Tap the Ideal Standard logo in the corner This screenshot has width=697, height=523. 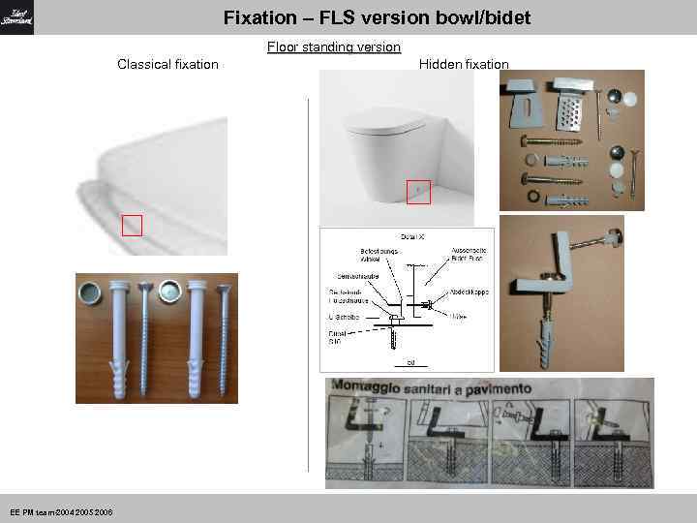[x=17, y=17]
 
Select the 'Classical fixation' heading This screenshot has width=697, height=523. [x=167, y=65]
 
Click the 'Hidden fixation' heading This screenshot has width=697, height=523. [x=464, y=65]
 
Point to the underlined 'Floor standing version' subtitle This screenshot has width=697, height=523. [x=333, y=46]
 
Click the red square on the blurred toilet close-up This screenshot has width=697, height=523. [x=132, y=226]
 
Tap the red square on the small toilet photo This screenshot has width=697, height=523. [x=418, y=193]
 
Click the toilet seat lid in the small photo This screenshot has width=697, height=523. [x=387, y=125]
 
